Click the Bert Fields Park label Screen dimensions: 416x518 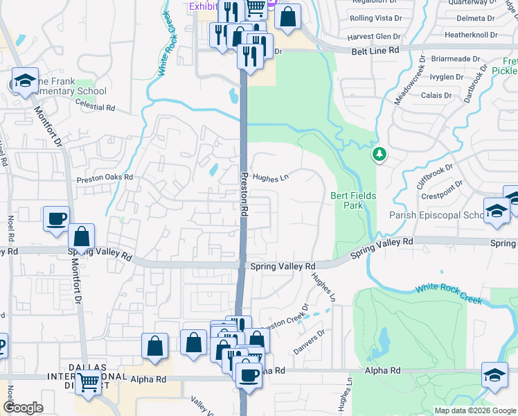tap(353, 200)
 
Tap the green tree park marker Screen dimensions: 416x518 tap(379, 154)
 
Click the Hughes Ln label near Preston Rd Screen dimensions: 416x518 tap(269, 177)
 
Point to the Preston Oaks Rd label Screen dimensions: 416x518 tap(104, 177)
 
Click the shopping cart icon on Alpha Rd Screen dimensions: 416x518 tap(89, 381)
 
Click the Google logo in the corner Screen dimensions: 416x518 tap(23, 408)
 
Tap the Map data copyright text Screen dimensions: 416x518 tap(474, 410)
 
